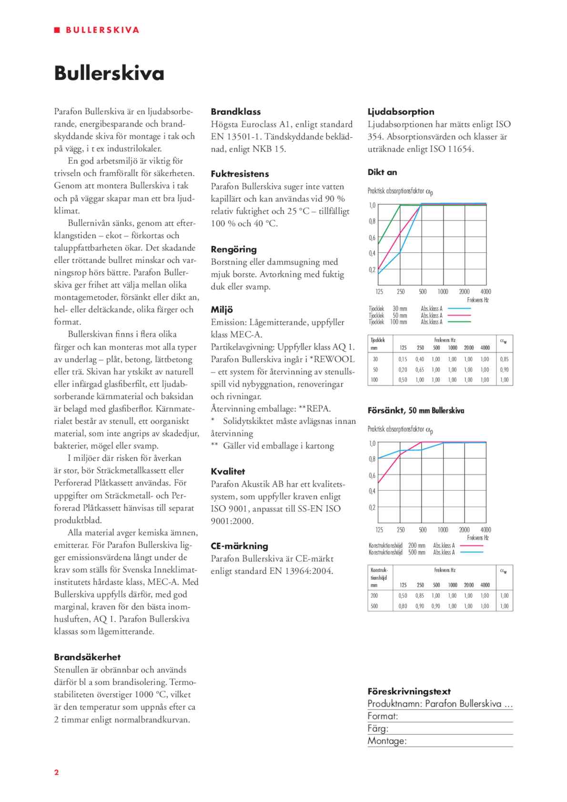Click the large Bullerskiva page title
[109, 73]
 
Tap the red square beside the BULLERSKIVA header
[57, 30]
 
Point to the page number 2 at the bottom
[56, 772]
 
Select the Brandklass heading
[236, 112]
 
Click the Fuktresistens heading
[240, 174]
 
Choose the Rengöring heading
[233, 249]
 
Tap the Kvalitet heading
[228, 471]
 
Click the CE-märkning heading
[239, 546]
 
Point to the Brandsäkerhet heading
[87, 657]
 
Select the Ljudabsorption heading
[401, 112]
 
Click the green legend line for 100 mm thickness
[459, 322]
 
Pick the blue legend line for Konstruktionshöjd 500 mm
[471, 552]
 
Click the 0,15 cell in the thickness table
[403, 360]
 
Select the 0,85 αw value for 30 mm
[504, 360]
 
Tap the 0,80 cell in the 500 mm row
[403, 606]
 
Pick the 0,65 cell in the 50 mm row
[419, 370]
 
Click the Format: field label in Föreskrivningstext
[383, 716]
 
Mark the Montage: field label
[387, 741]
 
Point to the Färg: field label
[378, 729]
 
